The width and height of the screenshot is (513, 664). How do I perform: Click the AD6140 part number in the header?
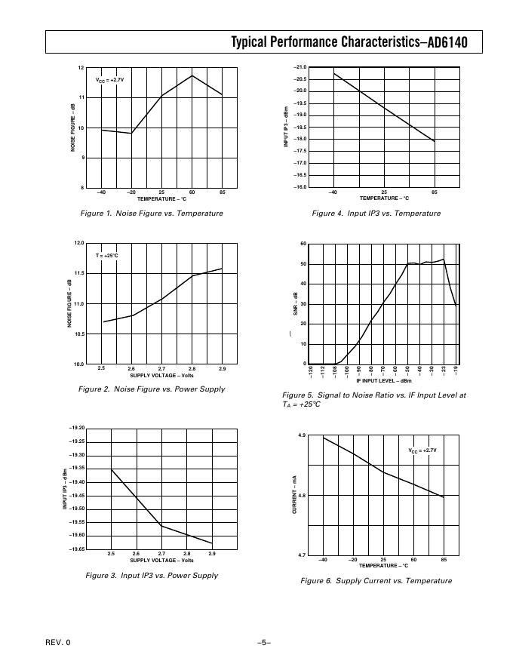point(448,43)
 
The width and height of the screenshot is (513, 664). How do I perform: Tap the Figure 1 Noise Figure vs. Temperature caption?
point(152,214)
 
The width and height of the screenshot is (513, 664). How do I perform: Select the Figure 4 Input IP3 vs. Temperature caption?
point(376,214)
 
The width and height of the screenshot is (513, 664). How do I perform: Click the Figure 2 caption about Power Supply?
point(152,389)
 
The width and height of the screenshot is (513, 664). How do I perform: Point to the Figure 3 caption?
point(152,575)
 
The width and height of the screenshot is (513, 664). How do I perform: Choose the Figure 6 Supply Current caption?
point(376,580)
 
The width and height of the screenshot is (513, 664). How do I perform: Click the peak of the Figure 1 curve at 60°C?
point(192,75)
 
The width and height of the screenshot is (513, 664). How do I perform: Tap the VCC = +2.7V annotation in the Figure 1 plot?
point(109,79)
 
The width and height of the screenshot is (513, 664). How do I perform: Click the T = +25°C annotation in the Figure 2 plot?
point(106,256)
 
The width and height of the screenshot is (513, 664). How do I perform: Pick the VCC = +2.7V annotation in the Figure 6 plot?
point(422,450)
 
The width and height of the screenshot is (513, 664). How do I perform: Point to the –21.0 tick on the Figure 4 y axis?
point(300,68)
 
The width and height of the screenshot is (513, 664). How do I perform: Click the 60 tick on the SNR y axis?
point(303,244)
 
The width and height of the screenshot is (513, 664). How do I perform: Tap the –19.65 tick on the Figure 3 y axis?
point(76,549)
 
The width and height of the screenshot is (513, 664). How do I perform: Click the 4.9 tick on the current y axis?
point(302,436)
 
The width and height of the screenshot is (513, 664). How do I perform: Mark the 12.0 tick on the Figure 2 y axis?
point(79,243)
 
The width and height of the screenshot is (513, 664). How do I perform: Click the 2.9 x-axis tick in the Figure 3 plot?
point(212,554)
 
